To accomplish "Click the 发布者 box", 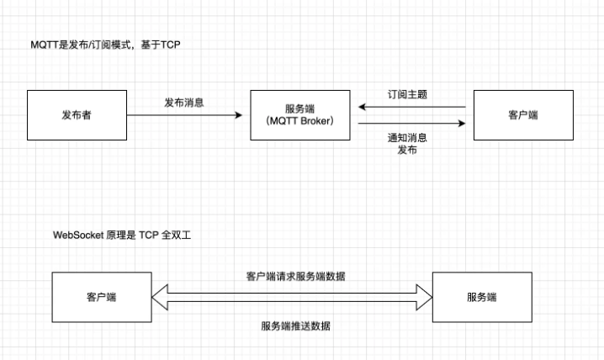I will tap(77, 114).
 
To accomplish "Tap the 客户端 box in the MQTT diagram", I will tap(523, 114).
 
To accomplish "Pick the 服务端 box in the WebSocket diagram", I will tap(482, 297).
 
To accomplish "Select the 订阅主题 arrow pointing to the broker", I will tap(412, 107).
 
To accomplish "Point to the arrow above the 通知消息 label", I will tap(412, 124).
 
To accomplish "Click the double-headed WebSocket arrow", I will tap(291, 294).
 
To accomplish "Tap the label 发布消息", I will tap(184, 103).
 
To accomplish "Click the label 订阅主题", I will tap(407, 94).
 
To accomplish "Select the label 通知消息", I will tap(407, 137).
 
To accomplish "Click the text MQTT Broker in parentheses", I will tap(299, 121).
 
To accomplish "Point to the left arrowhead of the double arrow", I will tap(161, 294).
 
